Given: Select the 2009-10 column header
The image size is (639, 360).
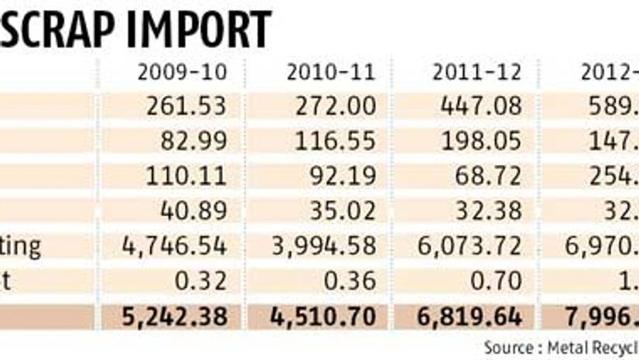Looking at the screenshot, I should [182, 72].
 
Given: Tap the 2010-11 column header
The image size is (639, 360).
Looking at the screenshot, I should [331, 72].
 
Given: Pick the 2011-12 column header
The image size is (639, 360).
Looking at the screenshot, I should [477, 72].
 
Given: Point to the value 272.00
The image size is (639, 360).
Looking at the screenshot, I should [335, 105].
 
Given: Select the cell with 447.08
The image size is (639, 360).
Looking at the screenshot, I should [482, 105].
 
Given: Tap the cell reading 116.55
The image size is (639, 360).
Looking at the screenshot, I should [335, 140].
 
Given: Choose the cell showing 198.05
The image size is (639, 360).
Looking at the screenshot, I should [482, 140].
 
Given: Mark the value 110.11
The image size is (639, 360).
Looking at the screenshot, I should [187, 175].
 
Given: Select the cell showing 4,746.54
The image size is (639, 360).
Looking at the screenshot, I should [174, 245].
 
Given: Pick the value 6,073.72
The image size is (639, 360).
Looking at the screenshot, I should [470, 245].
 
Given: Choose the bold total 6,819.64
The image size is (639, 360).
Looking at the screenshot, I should [468, 317].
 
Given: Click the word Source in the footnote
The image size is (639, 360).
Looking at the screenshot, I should [507, 348].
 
